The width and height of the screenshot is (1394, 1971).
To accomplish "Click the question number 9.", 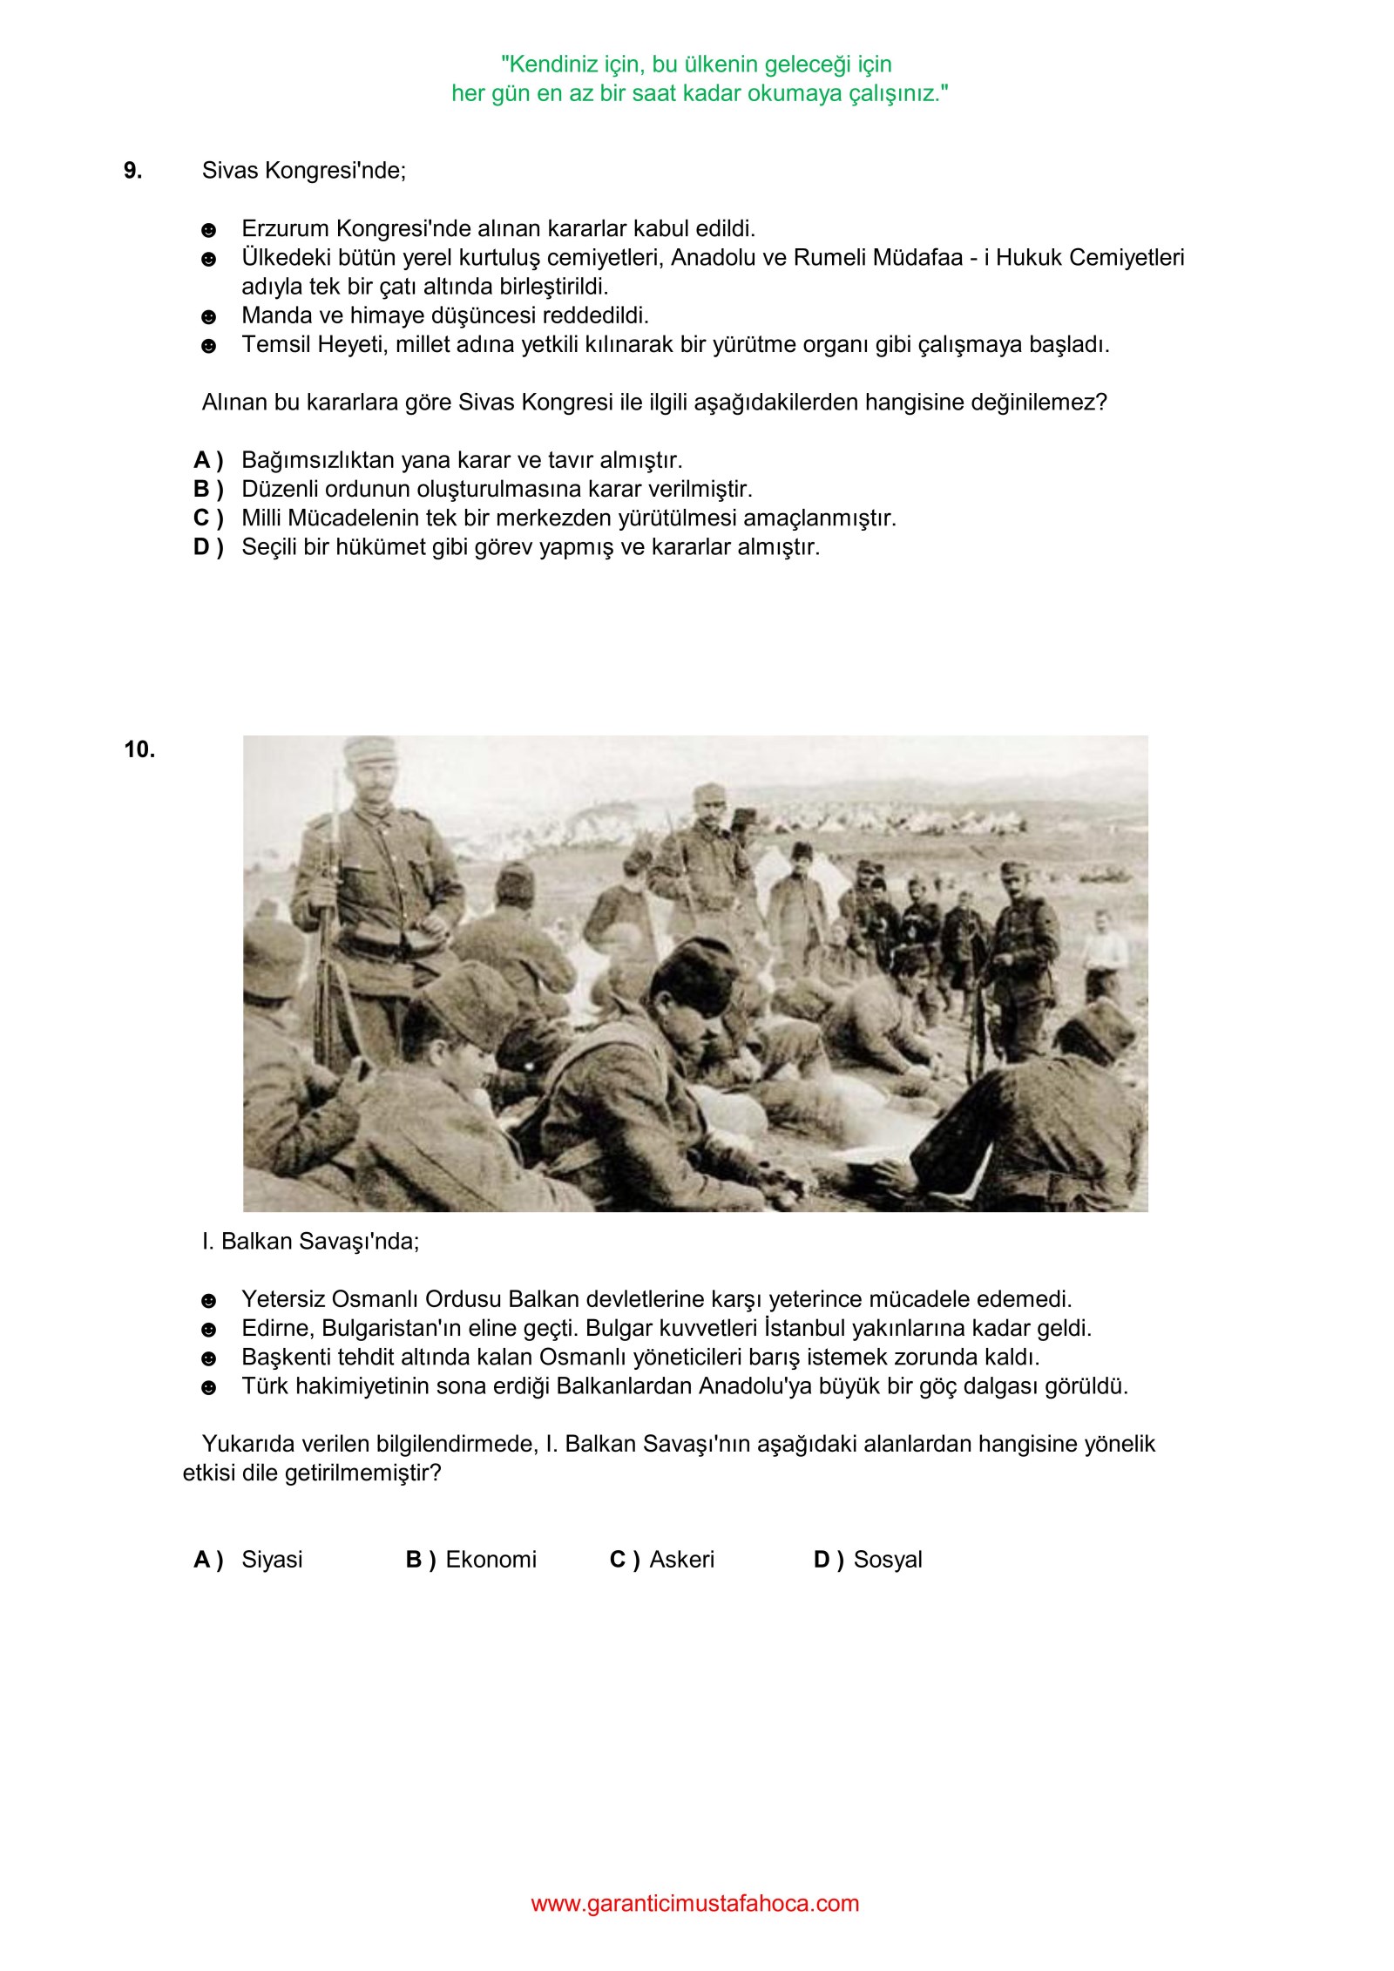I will coord(132,171).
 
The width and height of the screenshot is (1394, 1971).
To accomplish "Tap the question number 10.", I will coord(139,749).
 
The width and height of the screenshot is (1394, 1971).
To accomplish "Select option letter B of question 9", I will coord(207,489).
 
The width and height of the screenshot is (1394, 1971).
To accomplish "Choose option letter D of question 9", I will coord(207,547).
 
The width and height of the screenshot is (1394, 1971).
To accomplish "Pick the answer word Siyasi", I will coord(272,1559).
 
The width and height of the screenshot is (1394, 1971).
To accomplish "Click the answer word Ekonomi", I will coord(491,1559).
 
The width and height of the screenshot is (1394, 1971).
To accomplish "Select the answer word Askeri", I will coord(681,1559).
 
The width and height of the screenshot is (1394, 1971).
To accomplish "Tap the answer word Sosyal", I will coord(887,1559).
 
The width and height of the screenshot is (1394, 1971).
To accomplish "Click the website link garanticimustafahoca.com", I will coord(694,1903).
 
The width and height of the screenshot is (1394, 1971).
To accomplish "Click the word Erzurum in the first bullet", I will coord(287,229).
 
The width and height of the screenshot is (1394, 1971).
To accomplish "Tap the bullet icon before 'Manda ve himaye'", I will coord(208,317).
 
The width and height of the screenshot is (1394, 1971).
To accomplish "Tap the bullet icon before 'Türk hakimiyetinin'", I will coord(208,1387).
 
